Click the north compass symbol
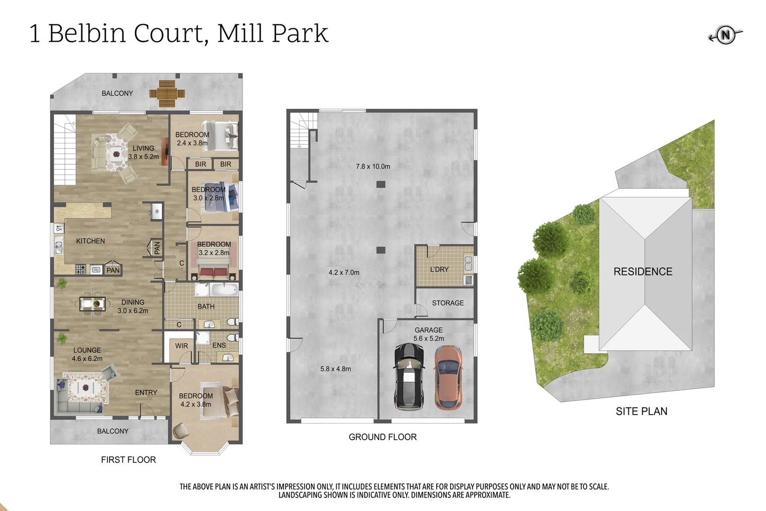click(x=725, y=35)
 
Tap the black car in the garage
click(x=409, y=377)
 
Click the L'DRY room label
click(x=439, y=269)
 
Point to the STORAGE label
click(x=448, y=303)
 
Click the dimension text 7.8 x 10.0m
click(x=373, y=167)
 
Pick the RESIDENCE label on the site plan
click(x=643, y=272)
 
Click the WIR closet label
click(x=182, y=346)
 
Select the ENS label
click(x=219, y=345)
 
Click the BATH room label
click(x=206, y=307)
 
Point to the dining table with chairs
click(x=93, y=304)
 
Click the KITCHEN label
click(x=90, y=241)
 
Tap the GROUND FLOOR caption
click(x=383, y=437)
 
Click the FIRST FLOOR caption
click(x=128, y=460)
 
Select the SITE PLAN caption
click(x=641, y=412)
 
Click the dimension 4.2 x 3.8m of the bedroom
click(x=196, y=405)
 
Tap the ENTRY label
click(x=146, y=393)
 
